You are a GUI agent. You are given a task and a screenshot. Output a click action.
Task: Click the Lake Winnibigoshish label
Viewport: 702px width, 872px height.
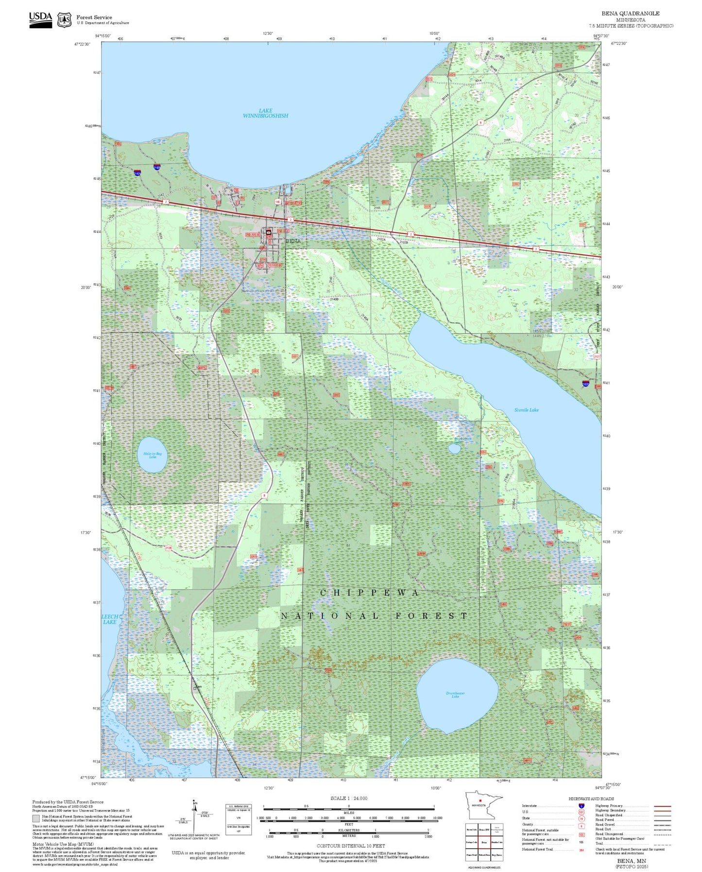coord(265,113)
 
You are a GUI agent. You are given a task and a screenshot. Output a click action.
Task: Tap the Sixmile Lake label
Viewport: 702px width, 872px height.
coord(526,410)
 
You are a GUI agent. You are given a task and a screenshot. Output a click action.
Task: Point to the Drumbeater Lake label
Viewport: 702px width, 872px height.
coord(455,695)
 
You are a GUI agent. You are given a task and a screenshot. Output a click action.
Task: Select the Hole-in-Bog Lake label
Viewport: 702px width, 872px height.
coord(153,455)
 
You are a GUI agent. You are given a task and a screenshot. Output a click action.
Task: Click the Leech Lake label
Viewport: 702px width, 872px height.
coord(110,619)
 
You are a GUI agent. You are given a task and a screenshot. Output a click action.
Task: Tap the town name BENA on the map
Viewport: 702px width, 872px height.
coord(293,241)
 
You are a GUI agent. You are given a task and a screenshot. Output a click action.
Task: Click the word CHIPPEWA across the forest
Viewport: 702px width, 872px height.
coord(369,593)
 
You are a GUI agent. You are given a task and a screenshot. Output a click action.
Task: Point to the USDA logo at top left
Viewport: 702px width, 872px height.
coord(40,19)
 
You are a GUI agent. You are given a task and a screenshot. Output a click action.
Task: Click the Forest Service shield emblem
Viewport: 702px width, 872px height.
coord(64,20)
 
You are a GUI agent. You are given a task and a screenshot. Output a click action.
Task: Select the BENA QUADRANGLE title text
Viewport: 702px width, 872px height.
coord(630,14)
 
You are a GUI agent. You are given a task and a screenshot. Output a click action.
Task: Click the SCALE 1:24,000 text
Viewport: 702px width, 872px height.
coord(349,798)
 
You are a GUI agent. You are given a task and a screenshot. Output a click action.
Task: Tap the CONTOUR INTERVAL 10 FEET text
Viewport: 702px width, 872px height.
coord(351,846)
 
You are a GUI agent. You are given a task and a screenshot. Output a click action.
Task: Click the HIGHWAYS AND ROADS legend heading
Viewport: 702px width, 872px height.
coord(591,799)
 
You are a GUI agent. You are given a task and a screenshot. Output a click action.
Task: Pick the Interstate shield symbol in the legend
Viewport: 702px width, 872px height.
coord(582,806)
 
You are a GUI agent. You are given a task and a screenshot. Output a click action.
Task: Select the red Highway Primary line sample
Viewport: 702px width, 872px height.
coord(662,806)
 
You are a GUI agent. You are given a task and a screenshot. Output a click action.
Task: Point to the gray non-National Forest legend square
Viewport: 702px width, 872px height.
coord(36,819)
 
